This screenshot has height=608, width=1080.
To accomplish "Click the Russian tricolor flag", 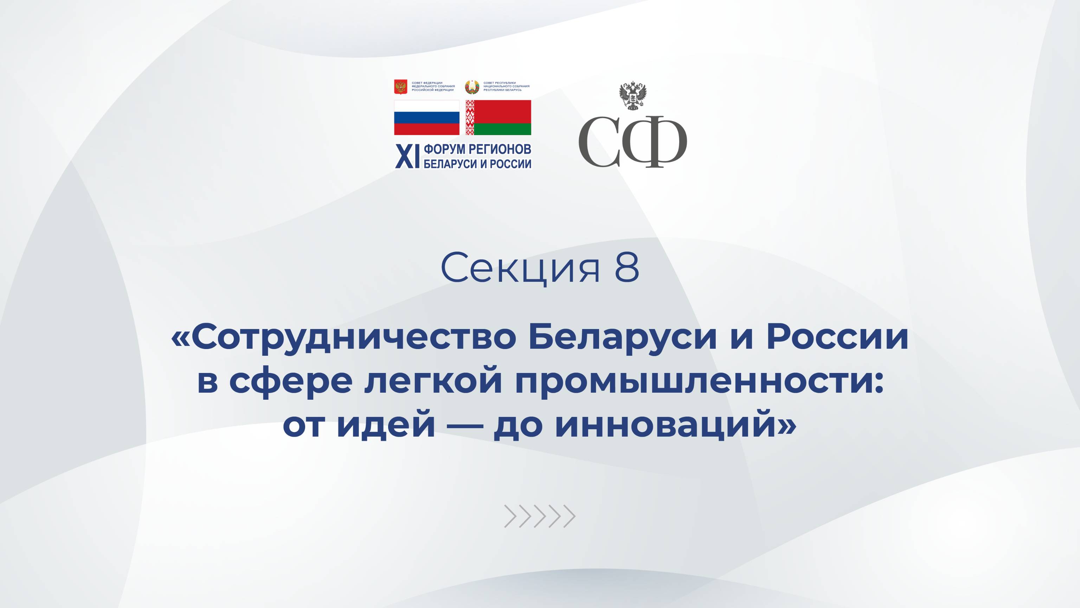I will (426, 118).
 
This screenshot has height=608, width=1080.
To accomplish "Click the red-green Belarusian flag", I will (499, 118).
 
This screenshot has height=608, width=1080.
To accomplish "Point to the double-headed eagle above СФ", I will (633, 96).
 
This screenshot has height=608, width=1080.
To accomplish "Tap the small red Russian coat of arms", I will (401, 87).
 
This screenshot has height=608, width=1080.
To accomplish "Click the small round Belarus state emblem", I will (472, 87).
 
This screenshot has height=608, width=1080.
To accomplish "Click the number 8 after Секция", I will (627, 268).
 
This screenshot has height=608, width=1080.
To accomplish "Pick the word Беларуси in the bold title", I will (622, 337).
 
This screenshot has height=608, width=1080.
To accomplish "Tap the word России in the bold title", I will (837, 337).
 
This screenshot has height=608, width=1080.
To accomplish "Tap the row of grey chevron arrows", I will (540, 516).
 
